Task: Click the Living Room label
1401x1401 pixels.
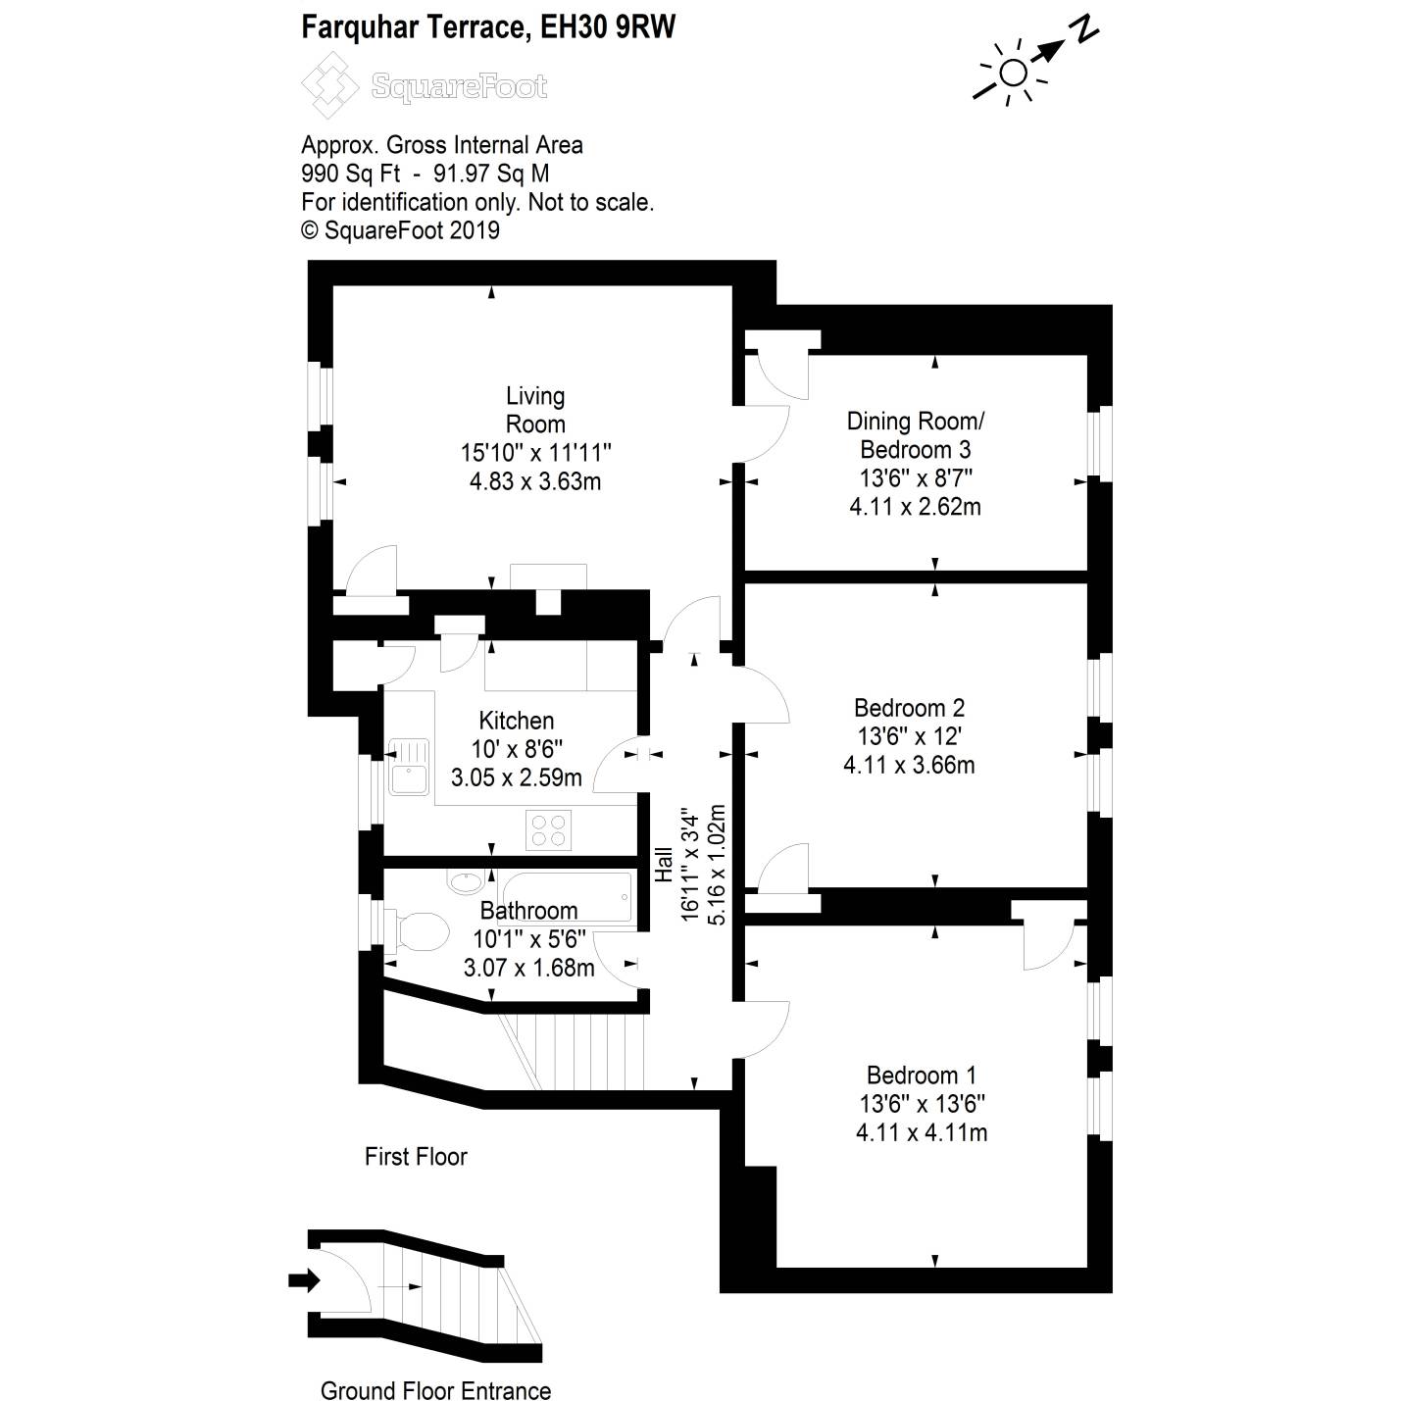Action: [534, 410]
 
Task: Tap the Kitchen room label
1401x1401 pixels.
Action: [517, 721]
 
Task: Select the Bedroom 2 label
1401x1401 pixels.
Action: [909, 708]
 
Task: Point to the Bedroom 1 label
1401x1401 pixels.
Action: [921, 1076]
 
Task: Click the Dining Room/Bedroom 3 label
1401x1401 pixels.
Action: [915, 435]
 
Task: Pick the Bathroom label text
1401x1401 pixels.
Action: [528, 911]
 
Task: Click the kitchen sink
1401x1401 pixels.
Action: [409, 767]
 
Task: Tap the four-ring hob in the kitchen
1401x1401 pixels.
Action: [549, 829]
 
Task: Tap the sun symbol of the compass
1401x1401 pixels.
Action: [1014, 73]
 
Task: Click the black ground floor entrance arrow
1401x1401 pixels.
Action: [304, 1279]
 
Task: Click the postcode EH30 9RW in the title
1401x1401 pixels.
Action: [608, 26]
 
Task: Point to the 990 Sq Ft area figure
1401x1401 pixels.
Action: [350, 174]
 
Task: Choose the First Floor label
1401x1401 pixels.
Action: [416, 1157]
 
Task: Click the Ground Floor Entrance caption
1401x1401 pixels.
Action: [435, 1390]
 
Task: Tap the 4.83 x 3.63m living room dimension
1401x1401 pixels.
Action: [534, 481]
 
